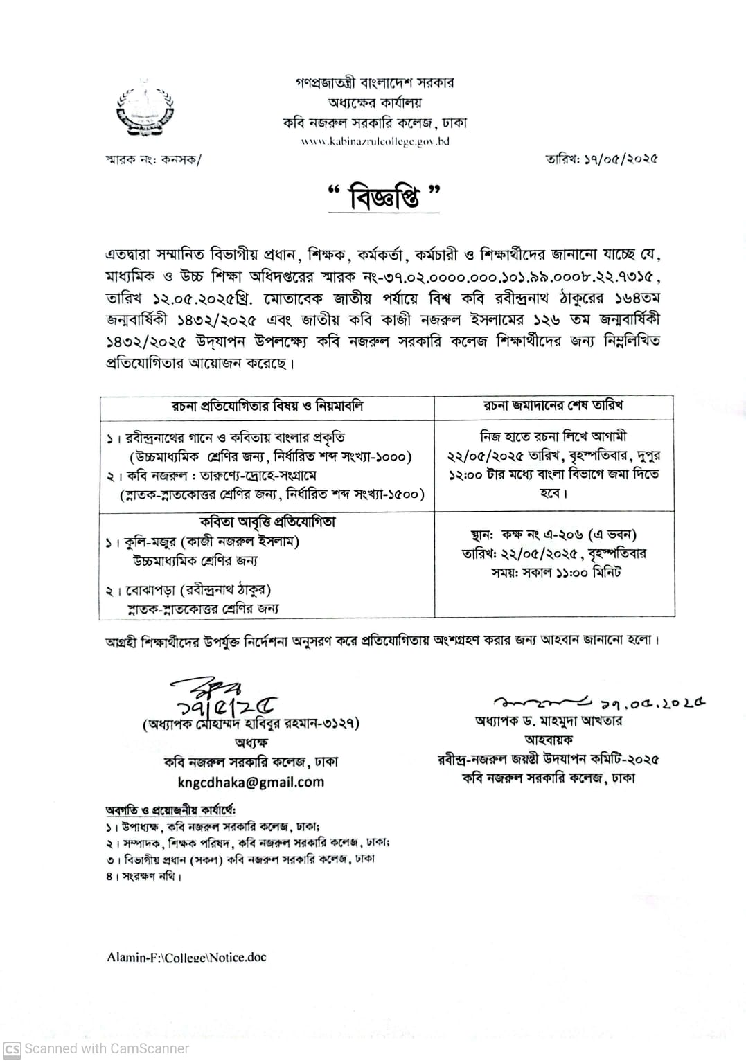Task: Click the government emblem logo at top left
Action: [145, 109]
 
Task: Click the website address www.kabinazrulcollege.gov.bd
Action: [375, 141]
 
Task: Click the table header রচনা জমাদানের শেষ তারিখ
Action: [553, 406]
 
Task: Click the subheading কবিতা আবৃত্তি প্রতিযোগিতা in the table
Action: [267, 521]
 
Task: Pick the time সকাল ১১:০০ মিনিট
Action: [566, 573]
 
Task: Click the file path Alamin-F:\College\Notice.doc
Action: [186, 957]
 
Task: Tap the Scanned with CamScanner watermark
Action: [97, 1048]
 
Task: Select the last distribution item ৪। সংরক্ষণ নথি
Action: [144, 876]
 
